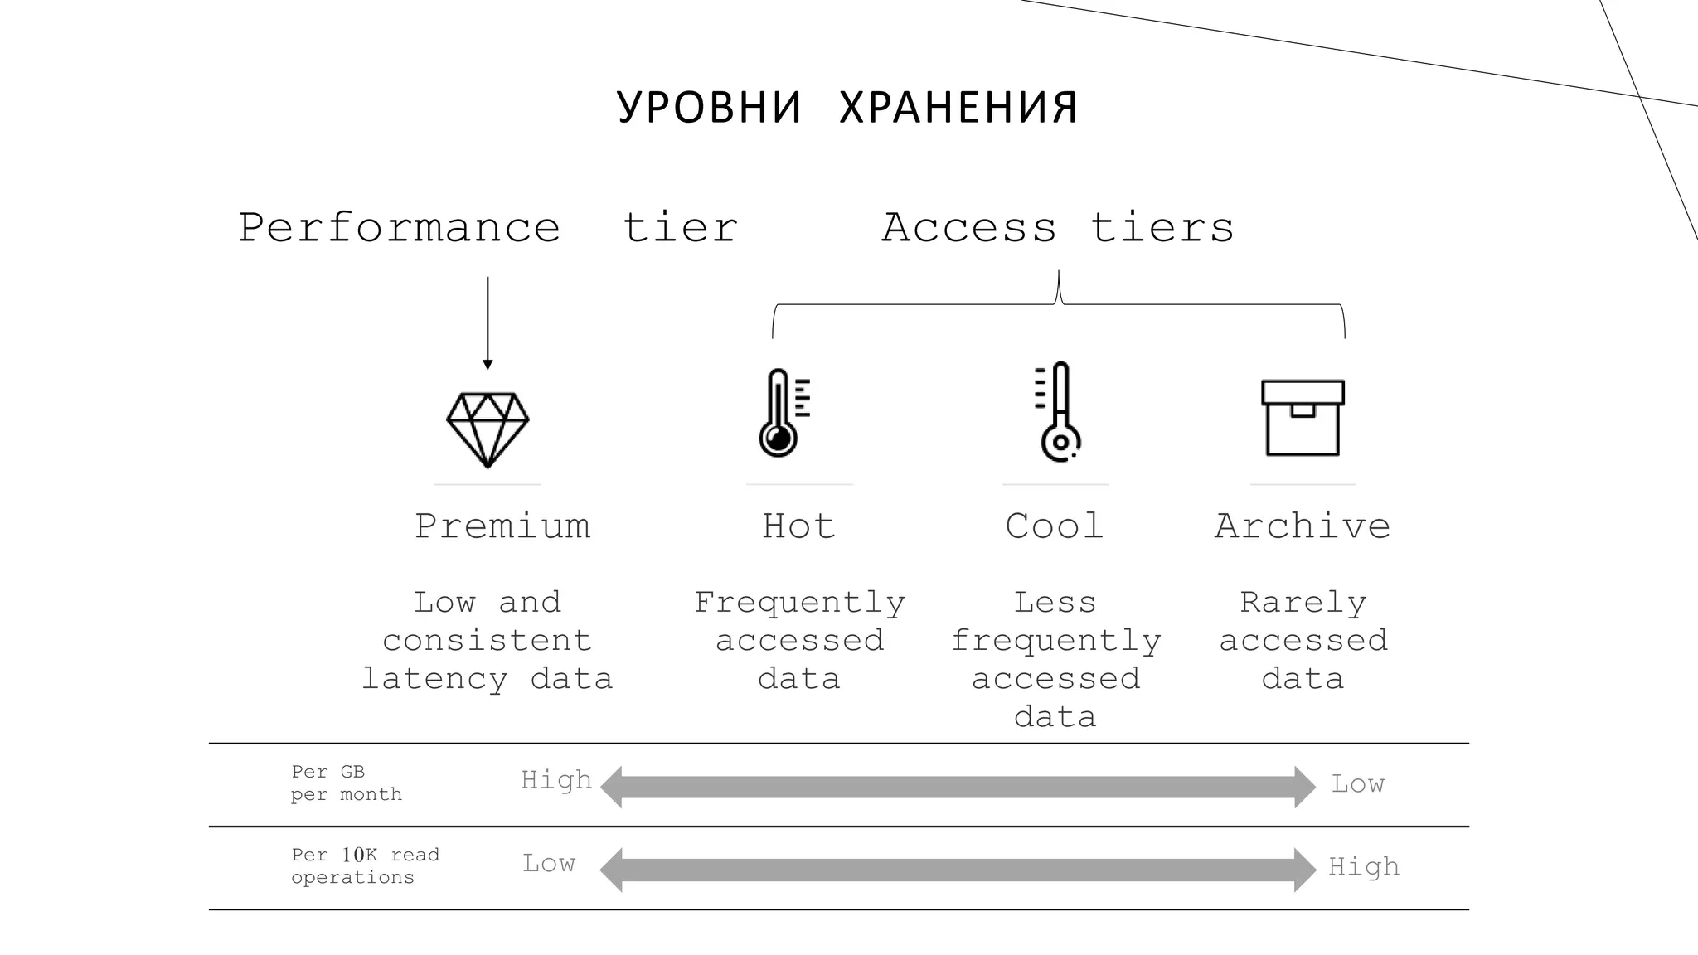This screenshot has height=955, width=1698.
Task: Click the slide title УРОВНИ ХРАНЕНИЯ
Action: tap(847, 108)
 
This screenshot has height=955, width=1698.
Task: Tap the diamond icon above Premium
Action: tap(488, 429)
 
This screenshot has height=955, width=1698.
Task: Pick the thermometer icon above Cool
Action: tap(1058, 412)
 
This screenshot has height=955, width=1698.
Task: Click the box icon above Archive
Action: tap(1303, 418)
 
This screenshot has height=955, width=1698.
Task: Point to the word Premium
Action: tap(502, 526)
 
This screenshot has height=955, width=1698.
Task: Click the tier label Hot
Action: tap(798, 526)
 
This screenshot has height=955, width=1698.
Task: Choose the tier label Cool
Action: tap(1055, 526)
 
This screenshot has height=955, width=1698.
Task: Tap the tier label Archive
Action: tap(1303, 526)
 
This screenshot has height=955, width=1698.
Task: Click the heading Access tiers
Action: tap(1058, 228)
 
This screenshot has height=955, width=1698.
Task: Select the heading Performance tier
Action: tap(488, 228)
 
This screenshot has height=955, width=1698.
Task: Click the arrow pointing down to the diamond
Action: tap(488, 323)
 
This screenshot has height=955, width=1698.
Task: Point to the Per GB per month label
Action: tap(347, 783)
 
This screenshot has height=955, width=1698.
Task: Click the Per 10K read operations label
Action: tap(365, 866)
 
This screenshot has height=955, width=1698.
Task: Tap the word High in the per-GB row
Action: tap(556, 780)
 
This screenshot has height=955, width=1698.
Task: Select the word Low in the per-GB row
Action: tap(1358, 783)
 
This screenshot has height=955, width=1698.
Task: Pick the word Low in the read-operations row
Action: tap(549, 863)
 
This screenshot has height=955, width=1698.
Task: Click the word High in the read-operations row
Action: tap(1364, 866)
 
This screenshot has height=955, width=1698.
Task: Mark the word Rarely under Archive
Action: tap(1303, 603)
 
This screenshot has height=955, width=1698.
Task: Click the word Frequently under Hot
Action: tap(799, 603)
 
